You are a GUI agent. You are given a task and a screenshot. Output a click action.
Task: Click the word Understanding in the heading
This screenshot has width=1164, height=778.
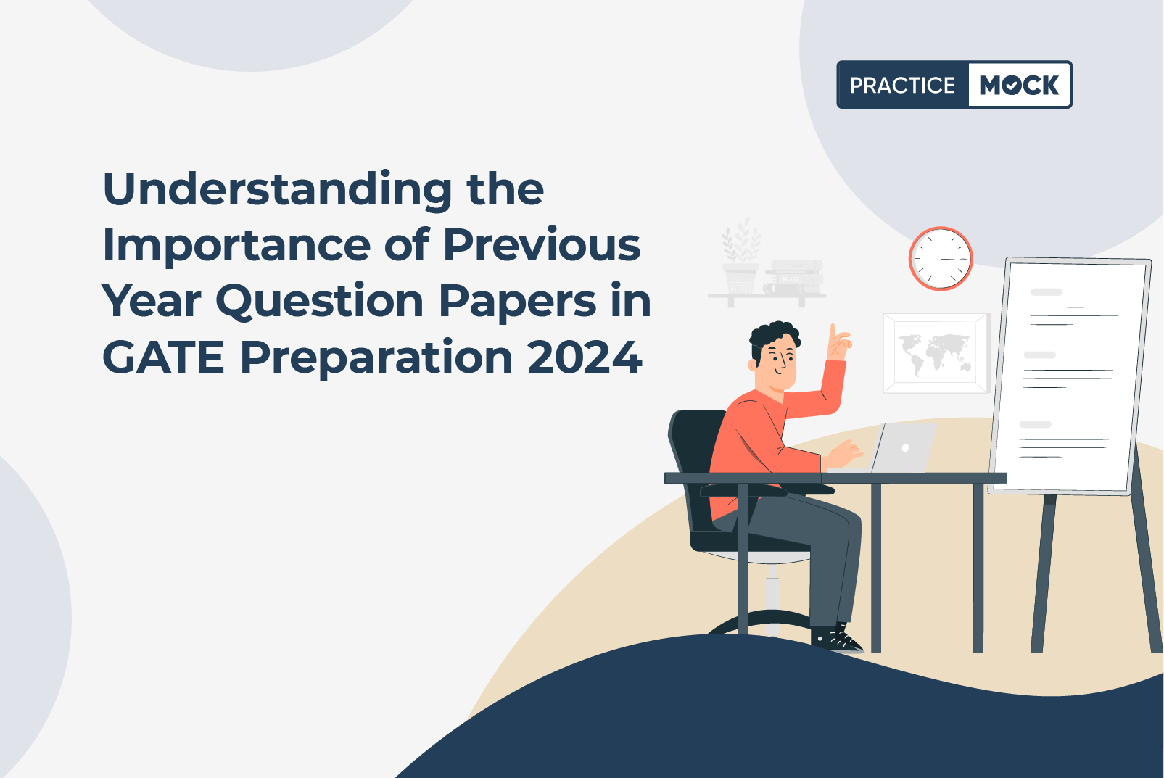pos(278,191)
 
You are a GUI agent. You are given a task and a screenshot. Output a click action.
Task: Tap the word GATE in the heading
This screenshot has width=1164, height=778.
pos(164,357)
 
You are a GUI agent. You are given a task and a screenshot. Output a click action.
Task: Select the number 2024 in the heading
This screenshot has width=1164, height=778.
pos(585,357)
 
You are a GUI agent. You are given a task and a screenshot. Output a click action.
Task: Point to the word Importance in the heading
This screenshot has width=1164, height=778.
pos(236,247)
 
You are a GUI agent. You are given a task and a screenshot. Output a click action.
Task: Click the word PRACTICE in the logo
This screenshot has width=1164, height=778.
pos(902,86)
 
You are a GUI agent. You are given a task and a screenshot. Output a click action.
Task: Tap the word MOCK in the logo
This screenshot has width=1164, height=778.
pos(1019,85)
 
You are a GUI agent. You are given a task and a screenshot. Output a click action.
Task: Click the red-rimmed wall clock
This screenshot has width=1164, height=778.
pos(941,258)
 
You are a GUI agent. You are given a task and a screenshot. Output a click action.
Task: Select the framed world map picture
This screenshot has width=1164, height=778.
pos(936,353)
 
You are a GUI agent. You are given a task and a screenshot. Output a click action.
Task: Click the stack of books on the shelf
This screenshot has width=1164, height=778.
pos(793,277)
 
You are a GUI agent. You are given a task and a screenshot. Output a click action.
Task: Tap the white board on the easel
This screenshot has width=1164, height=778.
pos(1070,376)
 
